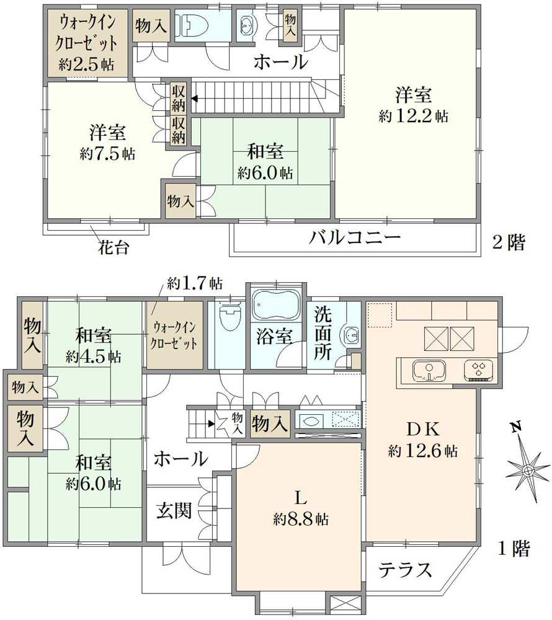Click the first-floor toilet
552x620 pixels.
click(x=228, y=317)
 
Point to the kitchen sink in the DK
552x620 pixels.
click(x=429, y=371)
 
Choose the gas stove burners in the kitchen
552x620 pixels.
click(x=478, y=371)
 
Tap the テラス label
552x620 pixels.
click(x=405, y=569)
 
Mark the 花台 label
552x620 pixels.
click(x=114, y=248)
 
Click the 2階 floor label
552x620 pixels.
click(x=508, y=243)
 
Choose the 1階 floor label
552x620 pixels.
click(x=514, y=548)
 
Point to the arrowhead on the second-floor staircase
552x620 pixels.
click(x=195, y=98)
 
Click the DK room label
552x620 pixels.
click(x=424, y=429)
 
